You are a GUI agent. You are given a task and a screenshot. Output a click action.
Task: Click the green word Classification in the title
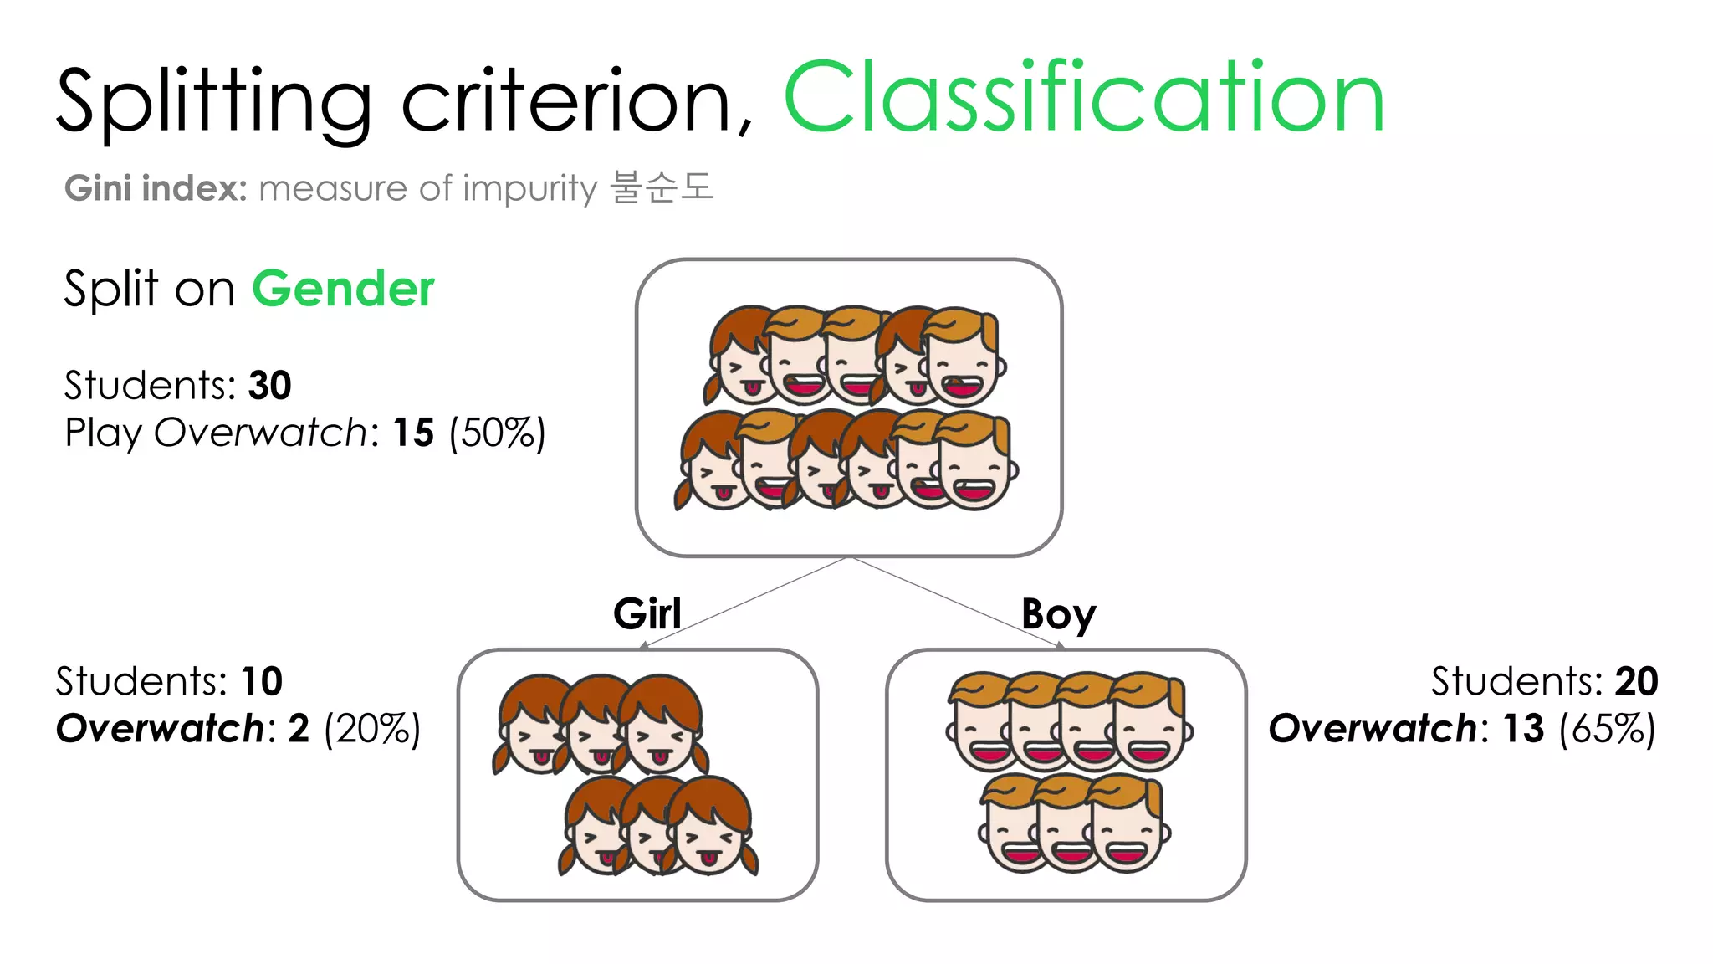[1084, 99]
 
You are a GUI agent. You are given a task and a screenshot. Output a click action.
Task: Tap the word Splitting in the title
[213, 102]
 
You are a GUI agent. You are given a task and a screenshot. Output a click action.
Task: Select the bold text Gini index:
[156, 188]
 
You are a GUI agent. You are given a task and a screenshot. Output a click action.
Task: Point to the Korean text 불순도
[662, 187]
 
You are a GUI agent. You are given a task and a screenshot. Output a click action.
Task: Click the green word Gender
[343, 290]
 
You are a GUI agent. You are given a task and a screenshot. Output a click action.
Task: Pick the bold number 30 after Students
[269, 386]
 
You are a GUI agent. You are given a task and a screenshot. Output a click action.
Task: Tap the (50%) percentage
[497, 433]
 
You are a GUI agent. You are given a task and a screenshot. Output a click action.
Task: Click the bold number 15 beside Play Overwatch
[413, 433]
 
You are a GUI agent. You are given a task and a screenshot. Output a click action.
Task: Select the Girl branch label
[647, 614]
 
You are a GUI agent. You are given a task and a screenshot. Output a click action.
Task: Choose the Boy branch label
[1058, 615]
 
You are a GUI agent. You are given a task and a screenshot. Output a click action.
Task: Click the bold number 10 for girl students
[262, 681]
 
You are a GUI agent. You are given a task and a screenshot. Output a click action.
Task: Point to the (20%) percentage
[372, 729]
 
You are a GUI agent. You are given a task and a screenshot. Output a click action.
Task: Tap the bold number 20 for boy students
[1636, 681]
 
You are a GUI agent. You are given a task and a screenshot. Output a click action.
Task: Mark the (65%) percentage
[1607, 729]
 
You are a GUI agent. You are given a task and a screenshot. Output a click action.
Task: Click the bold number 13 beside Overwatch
[1523, 729]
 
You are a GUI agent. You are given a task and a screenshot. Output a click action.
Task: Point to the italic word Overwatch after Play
[261, 433]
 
